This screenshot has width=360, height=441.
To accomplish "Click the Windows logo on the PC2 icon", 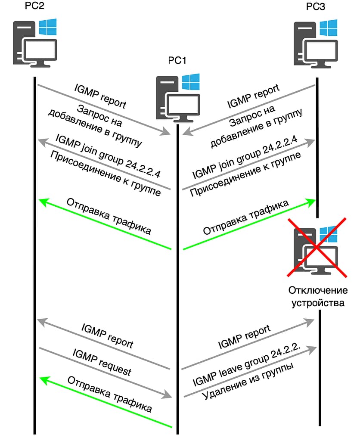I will (x=47, y=27).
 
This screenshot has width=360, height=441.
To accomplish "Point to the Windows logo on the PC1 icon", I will (x=190, y=81).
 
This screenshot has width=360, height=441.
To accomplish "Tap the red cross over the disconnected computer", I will (x=317, y=246).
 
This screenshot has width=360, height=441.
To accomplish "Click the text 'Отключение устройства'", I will (x=317, y=296).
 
